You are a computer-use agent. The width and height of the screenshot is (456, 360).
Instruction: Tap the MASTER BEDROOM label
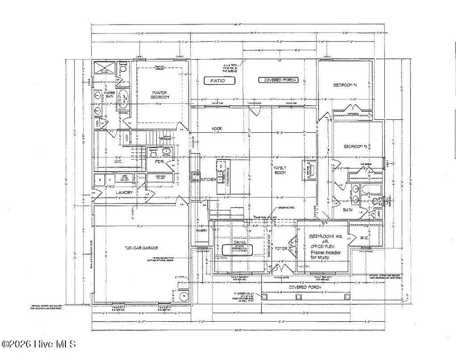click(159, 94)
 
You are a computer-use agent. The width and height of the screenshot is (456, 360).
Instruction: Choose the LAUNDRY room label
click(125, 192)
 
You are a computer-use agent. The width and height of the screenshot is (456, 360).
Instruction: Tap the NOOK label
click(217, 128)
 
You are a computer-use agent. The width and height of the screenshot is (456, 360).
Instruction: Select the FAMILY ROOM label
click(279, 170)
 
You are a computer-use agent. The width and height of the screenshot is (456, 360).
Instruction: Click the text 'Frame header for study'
click(326, 254)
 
